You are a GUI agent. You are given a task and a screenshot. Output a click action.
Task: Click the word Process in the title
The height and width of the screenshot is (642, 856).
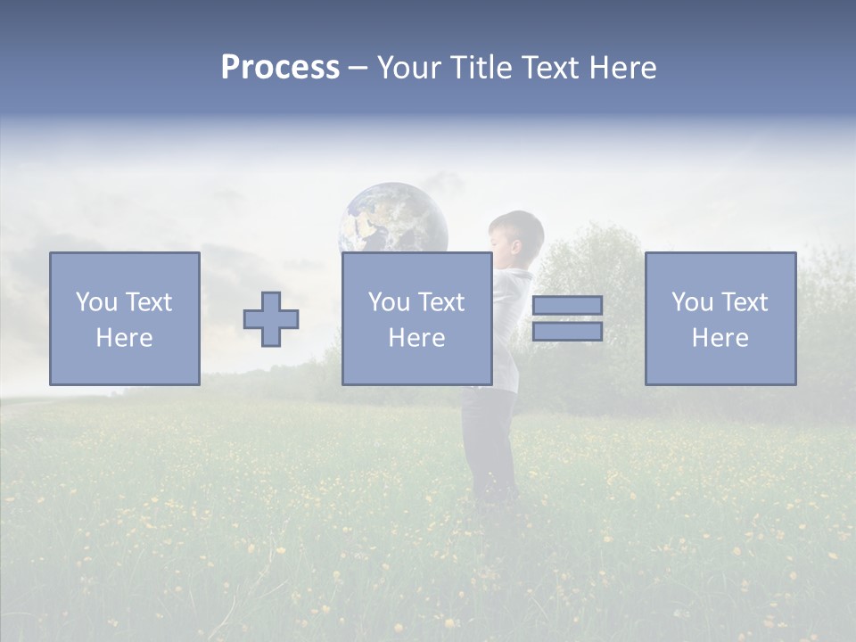[280, 68]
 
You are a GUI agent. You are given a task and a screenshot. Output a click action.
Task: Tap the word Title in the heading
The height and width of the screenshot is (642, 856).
[481, 68]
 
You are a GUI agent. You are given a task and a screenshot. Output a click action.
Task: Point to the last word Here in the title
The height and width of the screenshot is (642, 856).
[622, 68]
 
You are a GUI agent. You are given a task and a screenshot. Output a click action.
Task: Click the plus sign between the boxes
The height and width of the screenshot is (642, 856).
[271, 319]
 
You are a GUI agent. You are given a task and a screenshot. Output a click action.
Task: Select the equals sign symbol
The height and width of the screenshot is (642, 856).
[567, 318]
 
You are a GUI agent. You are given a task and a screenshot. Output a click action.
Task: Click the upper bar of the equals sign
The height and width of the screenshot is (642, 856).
[567, 306]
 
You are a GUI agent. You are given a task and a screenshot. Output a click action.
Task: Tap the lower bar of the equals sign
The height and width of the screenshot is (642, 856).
[567, 332]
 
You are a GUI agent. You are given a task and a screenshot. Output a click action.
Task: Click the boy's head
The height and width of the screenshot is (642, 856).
[517, 235]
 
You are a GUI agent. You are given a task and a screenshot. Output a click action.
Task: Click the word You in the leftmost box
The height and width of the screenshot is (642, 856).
[95, 302]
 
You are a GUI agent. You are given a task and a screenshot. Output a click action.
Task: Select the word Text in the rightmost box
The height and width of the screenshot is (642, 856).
[745, 302]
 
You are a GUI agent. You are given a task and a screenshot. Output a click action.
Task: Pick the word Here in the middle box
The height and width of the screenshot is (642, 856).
[416, 338]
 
